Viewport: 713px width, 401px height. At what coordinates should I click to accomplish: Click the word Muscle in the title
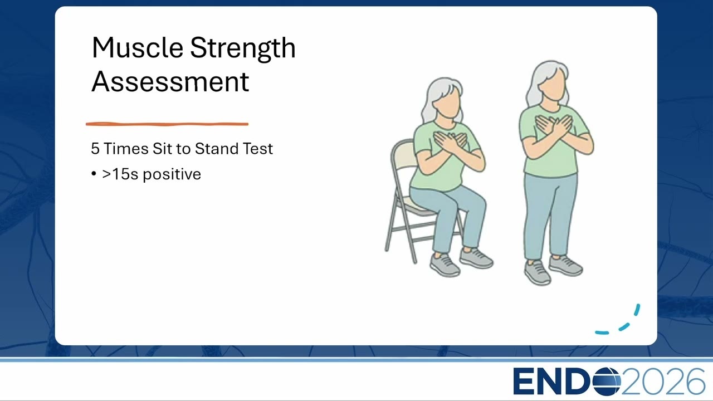point(138,48)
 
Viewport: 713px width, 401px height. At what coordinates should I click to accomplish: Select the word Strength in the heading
point(243,48)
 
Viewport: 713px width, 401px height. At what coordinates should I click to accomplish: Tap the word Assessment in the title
point(170,81)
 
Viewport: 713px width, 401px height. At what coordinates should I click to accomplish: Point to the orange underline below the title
point(167,124)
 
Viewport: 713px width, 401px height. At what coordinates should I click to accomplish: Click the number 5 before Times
point(95,149)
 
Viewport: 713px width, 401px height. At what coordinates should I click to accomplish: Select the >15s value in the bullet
point(120,174)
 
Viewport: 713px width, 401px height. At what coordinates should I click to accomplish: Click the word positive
point(172,175)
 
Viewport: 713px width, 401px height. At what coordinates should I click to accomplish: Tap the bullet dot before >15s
point(94,174)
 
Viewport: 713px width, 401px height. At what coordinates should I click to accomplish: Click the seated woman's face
point(447,101)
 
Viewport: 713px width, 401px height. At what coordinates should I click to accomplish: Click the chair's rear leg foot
point(415,262)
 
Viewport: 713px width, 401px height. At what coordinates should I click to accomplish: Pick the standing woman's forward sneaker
point(538,272)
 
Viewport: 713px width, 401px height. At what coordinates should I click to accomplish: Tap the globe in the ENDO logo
point(607,382)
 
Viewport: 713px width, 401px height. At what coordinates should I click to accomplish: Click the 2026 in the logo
point(663,382)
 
